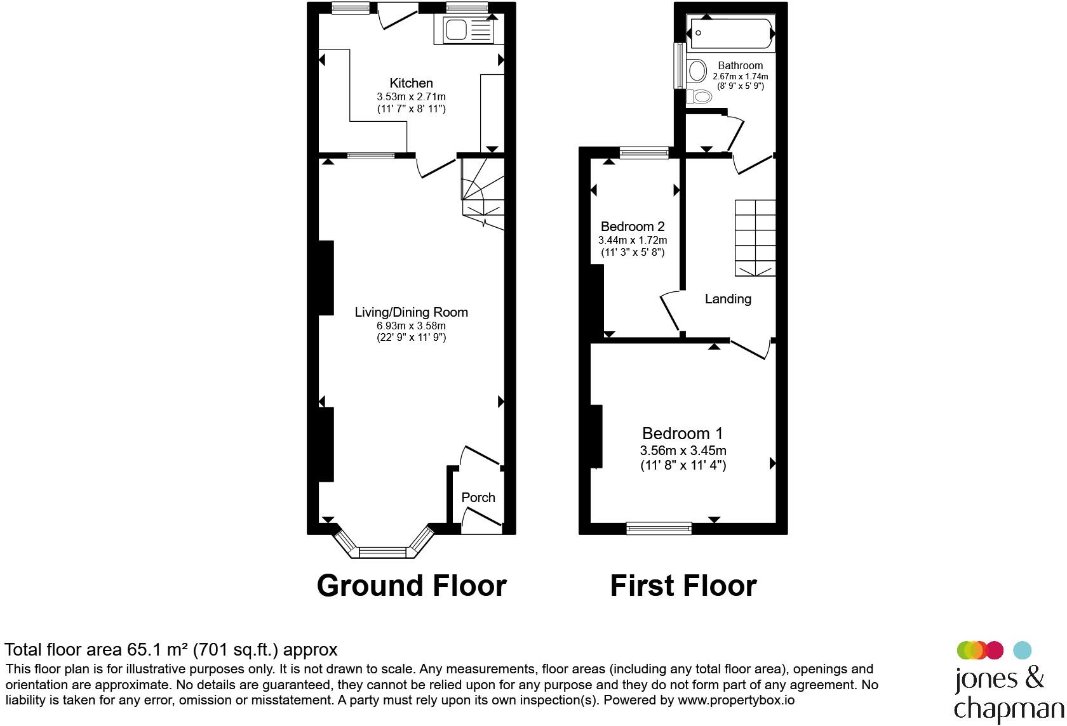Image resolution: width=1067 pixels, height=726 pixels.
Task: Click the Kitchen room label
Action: coord(411,83)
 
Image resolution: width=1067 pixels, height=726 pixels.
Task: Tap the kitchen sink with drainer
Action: coord(470,30)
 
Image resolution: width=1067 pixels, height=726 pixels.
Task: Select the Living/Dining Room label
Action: coord(411,312)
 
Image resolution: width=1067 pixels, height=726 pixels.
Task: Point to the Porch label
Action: coord(478,498)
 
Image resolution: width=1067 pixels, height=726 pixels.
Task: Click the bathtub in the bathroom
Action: coord(731,33)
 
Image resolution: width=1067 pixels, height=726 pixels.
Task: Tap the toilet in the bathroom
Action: coord(699,96)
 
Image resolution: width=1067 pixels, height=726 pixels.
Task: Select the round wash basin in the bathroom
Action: coord(697,71)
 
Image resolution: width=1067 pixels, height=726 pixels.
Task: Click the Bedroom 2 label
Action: coord(633,227)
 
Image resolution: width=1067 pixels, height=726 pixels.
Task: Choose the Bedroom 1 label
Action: coord(683,433)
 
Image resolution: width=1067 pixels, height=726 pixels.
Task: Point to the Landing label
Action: coord(728,299)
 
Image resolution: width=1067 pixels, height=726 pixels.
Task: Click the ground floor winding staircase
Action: coord(483,194)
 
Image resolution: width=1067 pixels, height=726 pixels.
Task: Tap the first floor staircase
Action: coord(755,238)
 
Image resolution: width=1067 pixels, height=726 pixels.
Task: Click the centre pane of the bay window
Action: coord(382,552)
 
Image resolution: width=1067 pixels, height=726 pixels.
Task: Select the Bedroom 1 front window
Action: coord(659,528)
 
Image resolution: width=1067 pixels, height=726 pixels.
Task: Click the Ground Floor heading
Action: coord(412,586)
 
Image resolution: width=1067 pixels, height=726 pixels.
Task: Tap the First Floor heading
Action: coord(683,586)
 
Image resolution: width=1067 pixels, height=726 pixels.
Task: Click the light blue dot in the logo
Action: coord(1023,650)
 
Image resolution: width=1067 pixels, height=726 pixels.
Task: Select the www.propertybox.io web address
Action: coord(736,700)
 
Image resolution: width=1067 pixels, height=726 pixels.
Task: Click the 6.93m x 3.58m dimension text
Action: coord(411,326)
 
